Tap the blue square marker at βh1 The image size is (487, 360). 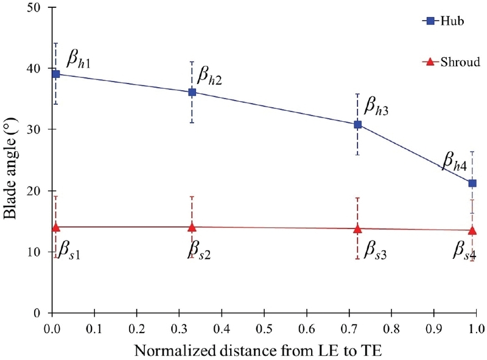[56, 74]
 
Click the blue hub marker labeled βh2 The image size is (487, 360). [192, 92]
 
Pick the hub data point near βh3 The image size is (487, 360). [358, 124]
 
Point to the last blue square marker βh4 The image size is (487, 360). [472, 183]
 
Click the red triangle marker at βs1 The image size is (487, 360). [56, 227]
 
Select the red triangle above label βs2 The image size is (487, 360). [192, 227]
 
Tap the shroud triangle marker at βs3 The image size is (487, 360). [357, 228]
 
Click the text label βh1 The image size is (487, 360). [79, 60]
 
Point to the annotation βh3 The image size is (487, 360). [376, 108]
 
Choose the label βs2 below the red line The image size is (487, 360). [199, 250]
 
